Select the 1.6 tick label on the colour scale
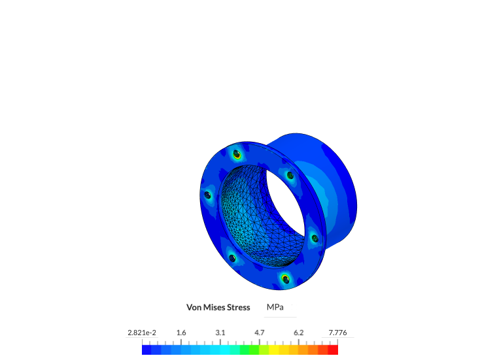181,333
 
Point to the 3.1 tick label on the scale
220,333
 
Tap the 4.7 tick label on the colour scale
260,333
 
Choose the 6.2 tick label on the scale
299,333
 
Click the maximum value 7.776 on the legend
337,333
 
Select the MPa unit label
276,307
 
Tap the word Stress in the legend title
237,307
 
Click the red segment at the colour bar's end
333,350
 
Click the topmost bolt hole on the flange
237,155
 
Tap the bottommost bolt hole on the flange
285,280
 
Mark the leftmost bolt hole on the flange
208,195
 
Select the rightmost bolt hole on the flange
314,238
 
